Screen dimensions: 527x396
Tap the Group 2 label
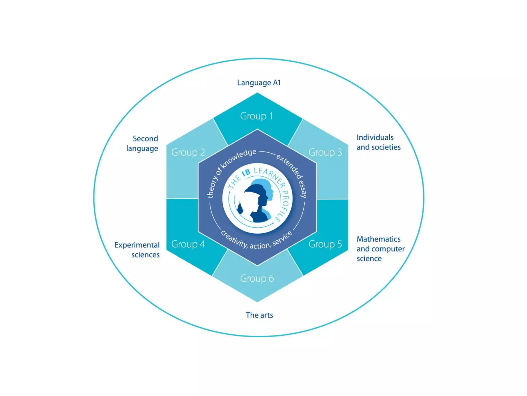(x=188, y=152)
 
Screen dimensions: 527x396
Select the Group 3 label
(x=325, y=152)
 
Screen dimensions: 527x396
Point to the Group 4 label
(x=188, y=244)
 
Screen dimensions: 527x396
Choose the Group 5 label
(x=325, y=244)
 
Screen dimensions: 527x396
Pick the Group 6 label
(x=257, y=278)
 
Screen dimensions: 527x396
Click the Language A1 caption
(x=259, y=83)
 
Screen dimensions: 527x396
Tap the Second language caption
(x=142, y=144)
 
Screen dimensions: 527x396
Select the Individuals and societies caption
(x=379, y=142)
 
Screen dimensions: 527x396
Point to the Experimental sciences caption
(x=137, y=250)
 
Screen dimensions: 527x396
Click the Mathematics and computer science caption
(x=380, y=249)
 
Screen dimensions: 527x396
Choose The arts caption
(x=259, y=315)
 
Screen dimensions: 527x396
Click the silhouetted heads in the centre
(x=256, y=201)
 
